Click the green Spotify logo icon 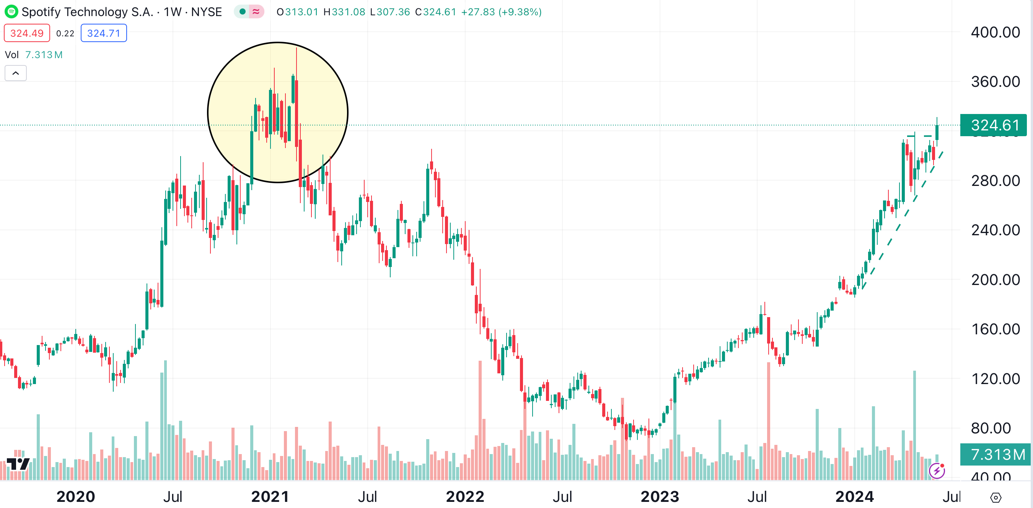11,11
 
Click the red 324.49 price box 27,33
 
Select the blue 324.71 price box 104,33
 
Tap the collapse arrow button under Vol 16,73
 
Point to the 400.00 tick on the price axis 995,32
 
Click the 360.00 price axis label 995,82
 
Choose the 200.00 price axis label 995,280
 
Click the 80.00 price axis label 991,428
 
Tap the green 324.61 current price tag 994,125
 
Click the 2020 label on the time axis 76,497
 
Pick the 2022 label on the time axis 465,497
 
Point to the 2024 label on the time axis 854,497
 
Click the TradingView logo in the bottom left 18,464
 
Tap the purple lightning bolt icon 937,470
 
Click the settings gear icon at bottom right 996,498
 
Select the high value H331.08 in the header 344,12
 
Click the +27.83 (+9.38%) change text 501,12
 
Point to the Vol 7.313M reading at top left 34,55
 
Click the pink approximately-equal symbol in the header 256,11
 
